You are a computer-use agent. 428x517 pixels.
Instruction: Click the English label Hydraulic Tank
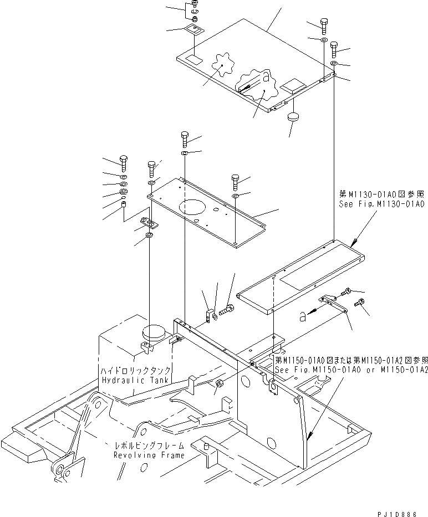pos(135,380)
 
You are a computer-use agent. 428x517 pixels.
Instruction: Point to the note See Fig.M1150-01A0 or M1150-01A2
pos(351,370)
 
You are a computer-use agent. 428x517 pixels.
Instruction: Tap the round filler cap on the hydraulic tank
pos(154,335)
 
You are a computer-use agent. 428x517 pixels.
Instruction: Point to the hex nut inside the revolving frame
pos(218,383)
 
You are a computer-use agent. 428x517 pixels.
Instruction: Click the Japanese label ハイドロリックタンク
pos(135,370)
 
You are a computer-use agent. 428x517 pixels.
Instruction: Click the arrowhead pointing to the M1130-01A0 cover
pos(354,241)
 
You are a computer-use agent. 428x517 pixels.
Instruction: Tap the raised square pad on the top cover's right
pos(292,85)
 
